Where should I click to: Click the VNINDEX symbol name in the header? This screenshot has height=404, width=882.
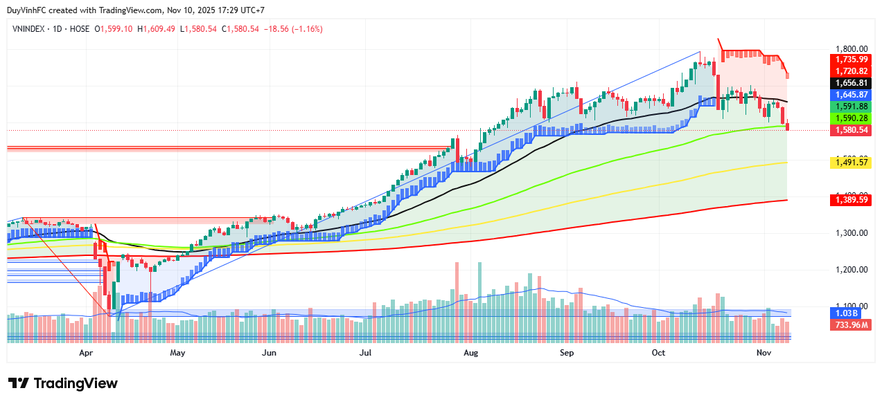pyautogui.click(x=30, y=29)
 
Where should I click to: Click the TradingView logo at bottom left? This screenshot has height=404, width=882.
pyautogui.click(x=63, y=383)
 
